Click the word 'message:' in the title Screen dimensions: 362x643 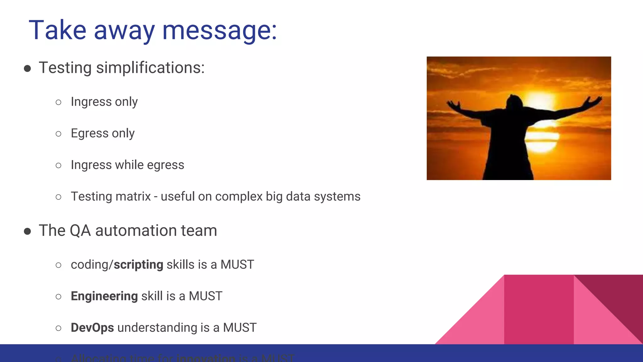(219, 30)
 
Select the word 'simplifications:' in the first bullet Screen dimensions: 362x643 (150, 68)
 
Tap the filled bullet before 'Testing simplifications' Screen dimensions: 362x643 (27, 69)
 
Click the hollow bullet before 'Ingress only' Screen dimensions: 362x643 (58, 102)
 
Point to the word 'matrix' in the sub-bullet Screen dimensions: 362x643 (133, 196)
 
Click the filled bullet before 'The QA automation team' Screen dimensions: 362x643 (27, 232)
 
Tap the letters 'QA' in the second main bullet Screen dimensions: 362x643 (80, 231)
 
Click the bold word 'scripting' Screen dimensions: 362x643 (138, 265)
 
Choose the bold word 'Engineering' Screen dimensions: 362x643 (104, 296)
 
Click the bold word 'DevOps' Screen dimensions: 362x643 (92, 327)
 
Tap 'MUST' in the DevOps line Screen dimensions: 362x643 (240, 327)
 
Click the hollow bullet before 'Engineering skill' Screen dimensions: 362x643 (58, 297)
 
